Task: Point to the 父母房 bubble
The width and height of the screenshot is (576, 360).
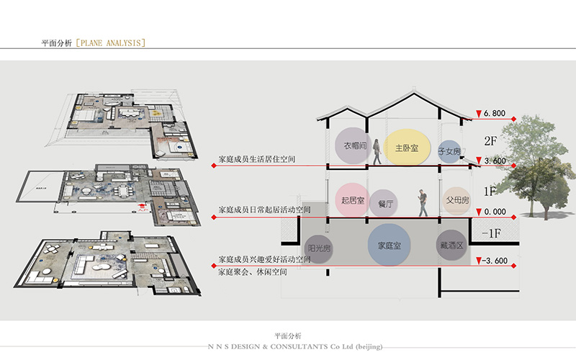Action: click(457, 198)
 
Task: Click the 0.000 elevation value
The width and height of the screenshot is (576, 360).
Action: click(495, 212)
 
